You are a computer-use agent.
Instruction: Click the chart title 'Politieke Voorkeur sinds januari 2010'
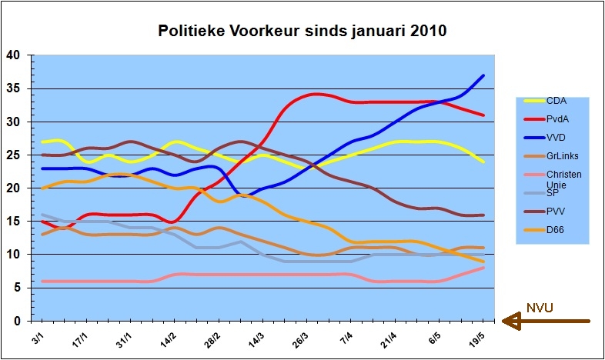pos(302,32)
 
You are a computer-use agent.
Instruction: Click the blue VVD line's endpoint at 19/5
pos(483,75)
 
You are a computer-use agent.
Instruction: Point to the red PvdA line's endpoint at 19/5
pos(483,115)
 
